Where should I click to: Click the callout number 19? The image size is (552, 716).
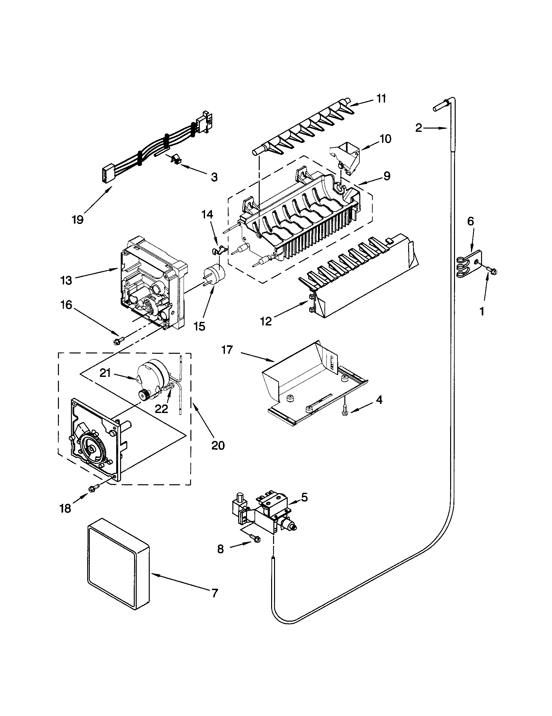click(x=78, y=219)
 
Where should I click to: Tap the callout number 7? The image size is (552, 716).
click(x=215, y=593)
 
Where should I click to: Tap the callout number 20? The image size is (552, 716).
click(x=218, y=446)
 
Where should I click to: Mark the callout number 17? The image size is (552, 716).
click(x=227, y=350)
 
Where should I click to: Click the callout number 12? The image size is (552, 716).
click(x=266, y=322)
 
